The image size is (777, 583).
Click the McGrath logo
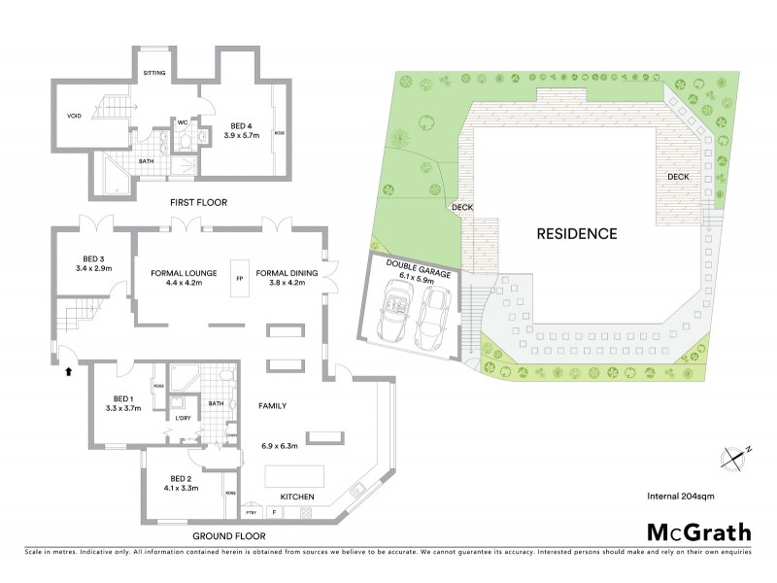699,533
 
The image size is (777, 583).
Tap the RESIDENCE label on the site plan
576,234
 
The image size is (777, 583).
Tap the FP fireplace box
239,279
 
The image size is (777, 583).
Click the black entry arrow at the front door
68,369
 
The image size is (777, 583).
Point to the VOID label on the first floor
74,115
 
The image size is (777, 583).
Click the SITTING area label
154,73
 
